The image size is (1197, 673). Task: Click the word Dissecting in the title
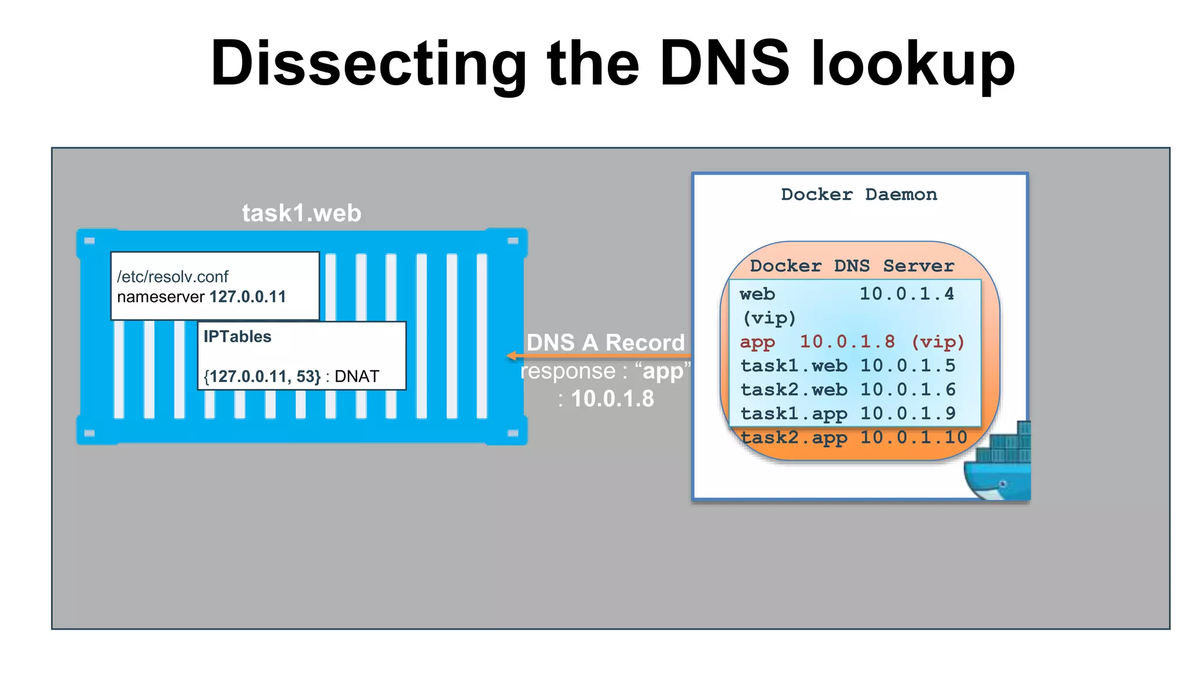pyautogui.click(x=368, y=64)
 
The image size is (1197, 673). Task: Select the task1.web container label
pyautogui.click(x=302, y=213)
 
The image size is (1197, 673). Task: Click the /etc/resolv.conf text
pyautogui.click(x=172, y=277)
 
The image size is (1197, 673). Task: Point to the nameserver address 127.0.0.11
pyautogui.click(x=248, y=297)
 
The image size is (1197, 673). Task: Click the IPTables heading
pyautogui.click(x=237, y=337)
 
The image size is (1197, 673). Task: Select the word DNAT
pyautogui.click(x=357, y=377)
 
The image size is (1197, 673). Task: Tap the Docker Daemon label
pyautogui.click(x=859, y=195)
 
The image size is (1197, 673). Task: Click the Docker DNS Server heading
pyautogui.click(x=852, y=266)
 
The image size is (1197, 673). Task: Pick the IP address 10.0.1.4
pyautogui.click(x=907, y=294)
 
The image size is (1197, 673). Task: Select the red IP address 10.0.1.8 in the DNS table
pyautogui.click(x=847, y=342)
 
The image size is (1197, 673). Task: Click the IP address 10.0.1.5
pyautogui.click(x=907, y=366)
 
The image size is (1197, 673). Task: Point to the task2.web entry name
pyautogui.click(x=794, y=390)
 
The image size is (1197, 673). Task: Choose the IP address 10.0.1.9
pyautogui.click(x=907, y=414)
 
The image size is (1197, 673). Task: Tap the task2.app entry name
pyautogui.click(x=794, y=438)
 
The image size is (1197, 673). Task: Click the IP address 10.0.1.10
pyautogui.click(x=914, y=438)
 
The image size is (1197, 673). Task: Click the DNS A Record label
pyautogui.click(x=606, y=343)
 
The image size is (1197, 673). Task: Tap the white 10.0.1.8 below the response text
pyautogui.click(x=612, y=399)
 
